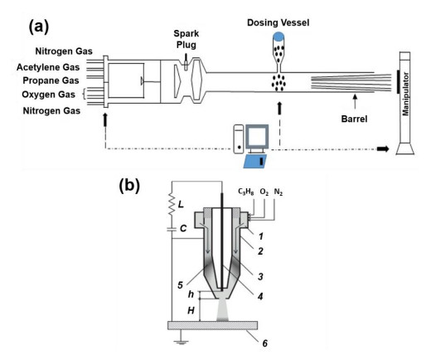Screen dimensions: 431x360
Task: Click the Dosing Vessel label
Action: coord(278,22)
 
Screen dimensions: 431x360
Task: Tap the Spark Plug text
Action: coord(186,39)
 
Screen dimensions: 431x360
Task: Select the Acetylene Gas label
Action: coord(48,67)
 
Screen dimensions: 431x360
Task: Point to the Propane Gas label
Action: coord(51,80)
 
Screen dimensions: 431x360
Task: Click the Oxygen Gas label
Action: coord(48,95)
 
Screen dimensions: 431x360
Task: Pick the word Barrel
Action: coord(354,119)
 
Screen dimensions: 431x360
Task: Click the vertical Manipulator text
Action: coord(405,94)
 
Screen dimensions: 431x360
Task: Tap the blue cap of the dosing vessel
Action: coord(278,36)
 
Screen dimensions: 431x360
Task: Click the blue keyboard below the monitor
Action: coord(255,162)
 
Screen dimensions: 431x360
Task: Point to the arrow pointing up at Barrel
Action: coord(355,102)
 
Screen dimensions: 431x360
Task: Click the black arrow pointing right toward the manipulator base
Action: coord(383,149)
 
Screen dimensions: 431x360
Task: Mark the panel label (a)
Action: coord(39,27)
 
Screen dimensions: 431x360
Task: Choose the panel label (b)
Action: coord(129,185)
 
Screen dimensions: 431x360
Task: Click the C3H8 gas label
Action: coord(246,192)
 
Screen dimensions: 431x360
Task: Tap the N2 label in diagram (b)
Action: coord(278,192)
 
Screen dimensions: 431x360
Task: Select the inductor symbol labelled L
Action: coord(172,204)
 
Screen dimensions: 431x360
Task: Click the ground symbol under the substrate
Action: coord(181,342)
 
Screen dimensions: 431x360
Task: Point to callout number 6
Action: coord(264,343)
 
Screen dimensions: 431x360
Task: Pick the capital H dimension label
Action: coord(191,310)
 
